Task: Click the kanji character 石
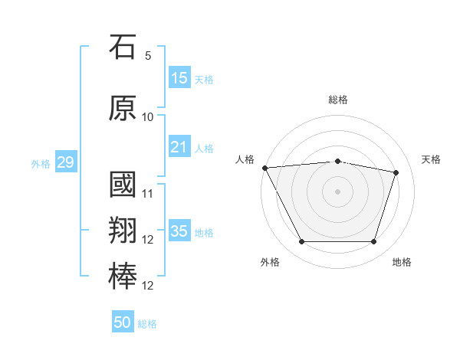click(x=123, y=47)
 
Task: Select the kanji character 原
click(x=123, y=108)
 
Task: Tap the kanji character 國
click(x=123, y=185)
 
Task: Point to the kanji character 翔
click(x=123, y=230)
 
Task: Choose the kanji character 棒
click(x=123, y=277)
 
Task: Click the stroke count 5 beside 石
click(x=148, y=56)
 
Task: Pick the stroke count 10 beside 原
click(x=147, y=117)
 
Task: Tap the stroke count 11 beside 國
click(x=147, y=194)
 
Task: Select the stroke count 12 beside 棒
click(x=147, y=286)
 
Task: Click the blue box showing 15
click(x=180, y=77)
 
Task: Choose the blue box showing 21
click(x=180, y=146)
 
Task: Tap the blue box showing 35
click(x=180, y=230)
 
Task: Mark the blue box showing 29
click(x=66, y=162)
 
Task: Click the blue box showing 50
click(x=123, y=321)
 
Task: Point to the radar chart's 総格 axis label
click(x=338, y=100)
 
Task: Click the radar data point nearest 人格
click(x=265, y=168)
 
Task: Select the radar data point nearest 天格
click(x=396, y=172)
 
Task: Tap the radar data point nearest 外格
click(x=302, y=241)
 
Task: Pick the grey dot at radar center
click(x=337, y=191)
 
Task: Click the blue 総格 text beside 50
click(x=147, y=324)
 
